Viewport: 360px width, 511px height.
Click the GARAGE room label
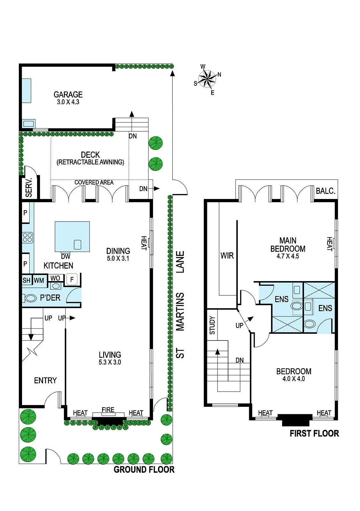[x=68, y=95]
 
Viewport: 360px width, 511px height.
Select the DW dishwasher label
[x=66, y=256]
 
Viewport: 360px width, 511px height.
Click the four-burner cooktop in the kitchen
[x=27, y=238]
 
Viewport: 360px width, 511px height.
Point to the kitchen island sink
[x=78, y=245]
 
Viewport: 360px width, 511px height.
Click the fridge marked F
[x=72, y=279]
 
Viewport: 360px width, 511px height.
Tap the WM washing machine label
[x=39, y=280]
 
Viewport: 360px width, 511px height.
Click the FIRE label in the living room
[x=108, y=410]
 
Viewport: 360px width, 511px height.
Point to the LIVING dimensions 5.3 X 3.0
[x=110, y=362]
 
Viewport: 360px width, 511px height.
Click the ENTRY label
[x=45, y=380]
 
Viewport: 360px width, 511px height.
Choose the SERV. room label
[x=29, y=187]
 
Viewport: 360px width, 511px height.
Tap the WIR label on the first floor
[x=227, y=256]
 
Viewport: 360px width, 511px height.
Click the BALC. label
[x=325, y=191]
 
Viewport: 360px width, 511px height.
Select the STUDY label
[x=212, y=325]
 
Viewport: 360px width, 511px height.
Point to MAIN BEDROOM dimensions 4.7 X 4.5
[x=288, y=256]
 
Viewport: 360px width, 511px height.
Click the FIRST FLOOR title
[x=314, y=433]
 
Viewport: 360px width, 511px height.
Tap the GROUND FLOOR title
[x=144, y=469]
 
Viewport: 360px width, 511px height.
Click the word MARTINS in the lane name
[x=180, y=312]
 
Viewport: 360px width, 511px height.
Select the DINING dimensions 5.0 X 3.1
[x=118, y=258]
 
